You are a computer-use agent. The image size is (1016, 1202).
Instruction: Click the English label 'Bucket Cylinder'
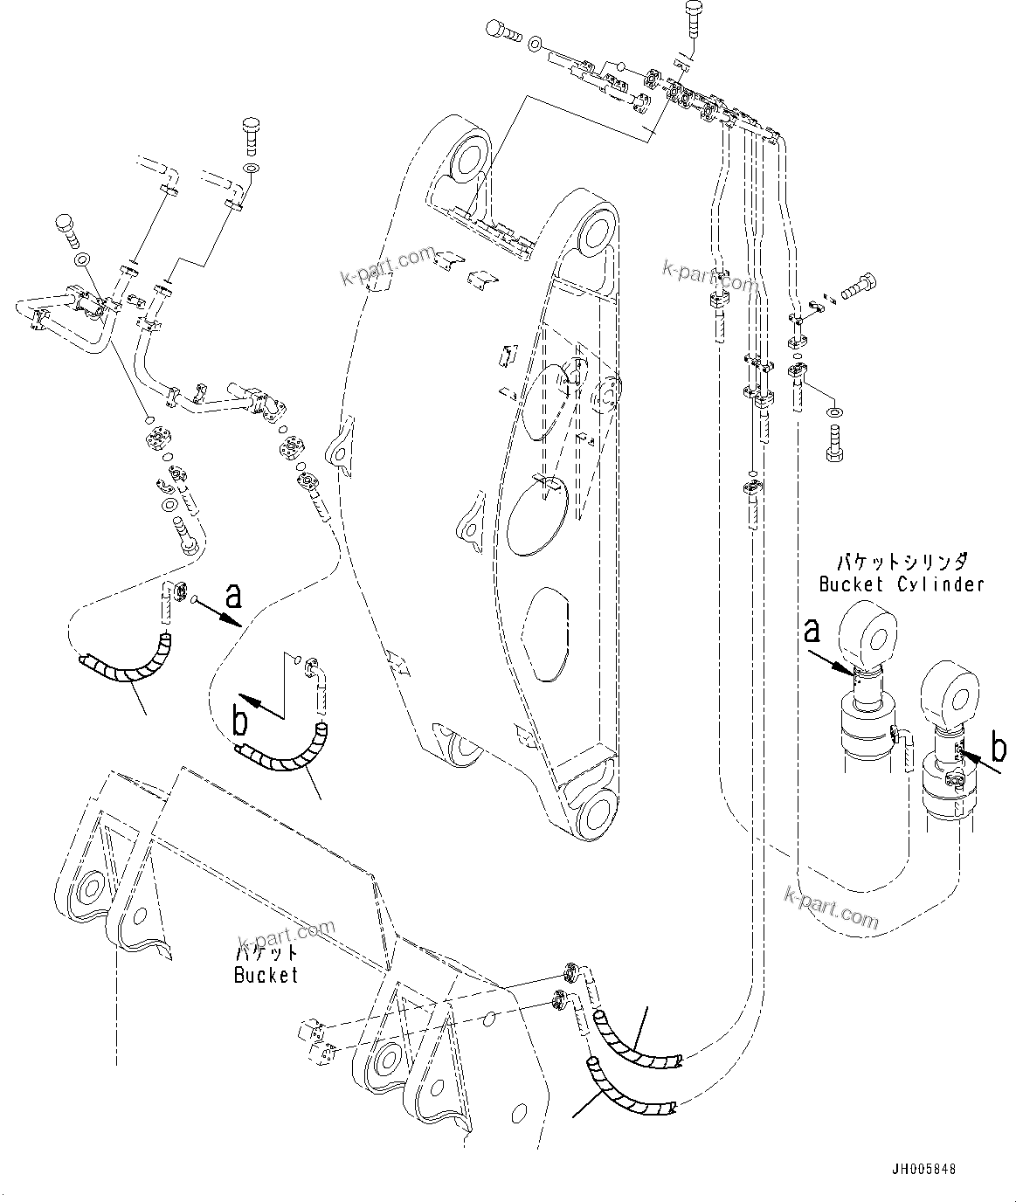[901, 584]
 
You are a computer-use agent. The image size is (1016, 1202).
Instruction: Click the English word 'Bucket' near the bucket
[266, 974]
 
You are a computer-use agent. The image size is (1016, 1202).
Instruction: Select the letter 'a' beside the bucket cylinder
[812, 631]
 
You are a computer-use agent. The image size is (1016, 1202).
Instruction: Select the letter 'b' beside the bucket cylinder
[999, 748]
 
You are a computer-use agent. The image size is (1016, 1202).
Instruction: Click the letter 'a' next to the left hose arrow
[232, 597]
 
